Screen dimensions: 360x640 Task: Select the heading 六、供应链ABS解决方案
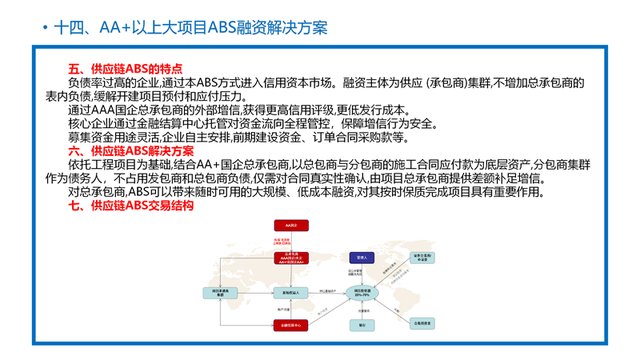[x=130, y=150]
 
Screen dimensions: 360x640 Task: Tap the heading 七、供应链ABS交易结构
[x=130, y=206]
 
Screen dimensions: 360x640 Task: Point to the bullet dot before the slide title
[x=44, y=29]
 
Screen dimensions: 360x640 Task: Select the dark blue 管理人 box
[x=362, y=258]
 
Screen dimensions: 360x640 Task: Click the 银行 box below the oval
[x=362, y=325]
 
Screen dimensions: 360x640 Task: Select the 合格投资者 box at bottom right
[x=422, y=323]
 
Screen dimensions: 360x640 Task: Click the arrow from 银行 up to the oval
[x=362, y=310]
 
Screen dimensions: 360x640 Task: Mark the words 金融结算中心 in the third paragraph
[x=173, y=123]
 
